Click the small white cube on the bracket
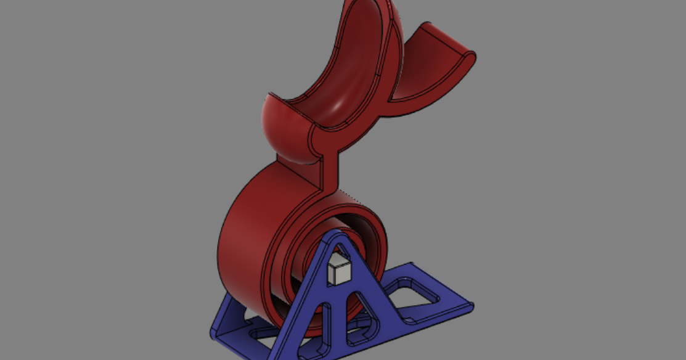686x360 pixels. pyautogui.click(x=338, y=271)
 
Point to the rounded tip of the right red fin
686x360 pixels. pyautogui.click(x=472, y=57)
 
